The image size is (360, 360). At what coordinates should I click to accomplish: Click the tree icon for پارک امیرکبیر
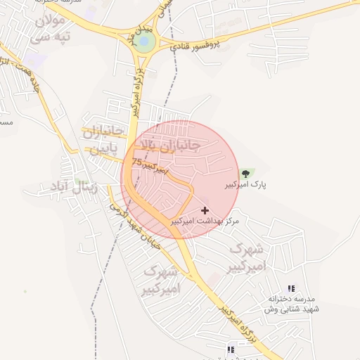[245, 173]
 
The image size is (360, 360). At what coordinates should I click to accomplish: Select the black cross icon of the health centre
[205, 210]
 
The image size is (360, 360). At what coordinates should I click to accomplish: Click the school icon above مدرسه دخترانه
[291, 288]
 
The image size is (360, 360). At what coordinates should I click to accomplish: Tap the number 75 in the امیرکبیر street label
[136, 162]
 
